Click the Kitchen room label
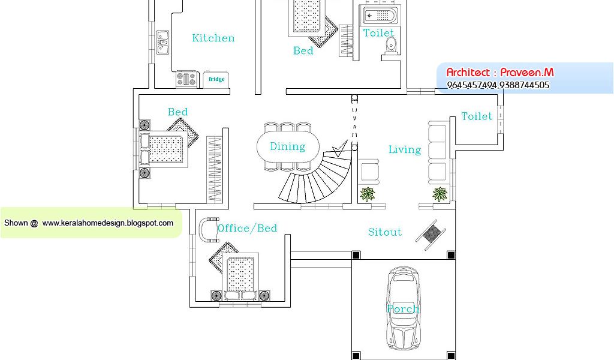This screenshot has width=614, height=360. (x=213, y=38)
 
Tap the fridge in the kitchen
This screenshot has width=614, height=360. (x=216, y=79)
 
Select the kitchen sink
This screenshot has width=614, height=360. (x=162, y=42)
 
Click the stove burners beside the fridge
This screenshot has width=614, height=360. (x=186, y=79)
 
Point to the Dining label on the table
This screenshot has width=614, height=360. (x=287, y=146)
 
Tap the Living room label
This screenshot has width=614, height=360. (x=405, y=150)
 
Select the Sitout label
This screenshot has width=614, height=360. (x=385, y=232)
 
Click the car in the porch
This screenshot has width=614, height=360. (x=402, y=305)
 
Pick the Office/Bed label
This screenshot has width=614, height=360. (x=247, y=228)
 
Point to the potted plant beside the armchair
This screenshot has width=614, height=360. (x=367, y=194)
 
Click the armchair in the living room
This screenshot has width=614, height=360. (x=369, y=170)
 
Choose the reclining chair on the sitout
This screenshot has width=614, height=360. (x=430, y=234)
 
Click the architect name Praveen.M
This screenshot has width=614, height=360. (x=526, y=73)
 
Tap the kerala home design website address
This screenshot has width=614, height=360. (x=108, y=223)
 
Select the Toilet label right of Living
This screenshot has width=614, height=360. (x=477, y=116)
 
